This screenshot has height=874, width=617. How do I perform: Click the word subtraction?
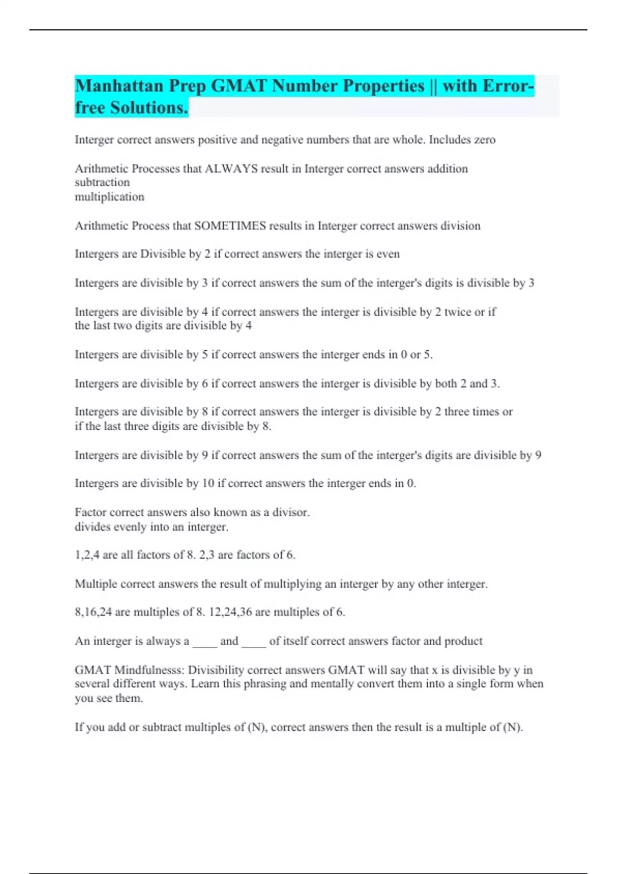[102, 183]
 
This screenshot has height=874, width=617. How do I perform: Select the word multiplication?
[110, 197]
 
